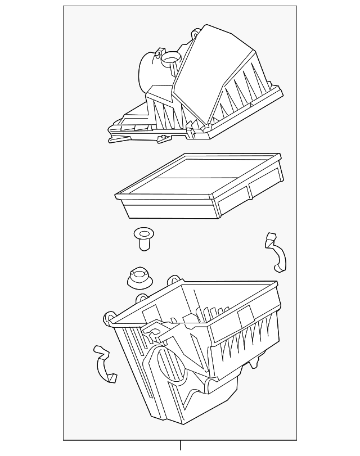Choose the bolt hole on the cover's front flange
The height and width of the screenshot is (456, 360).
(x=163, y=138)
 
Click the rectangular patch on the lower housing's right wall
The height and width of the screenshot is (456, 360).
(x=246, y=318)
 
